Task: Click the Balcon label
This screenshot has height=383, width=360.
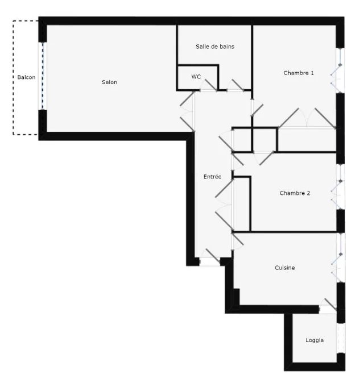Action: (26, 77)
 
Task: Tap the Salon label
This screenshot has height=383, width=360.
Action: (110, 82)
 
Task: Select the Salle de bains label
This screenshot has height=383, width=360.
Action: (215, 47)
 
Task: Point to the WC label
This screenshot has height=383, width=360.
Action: (196, 77)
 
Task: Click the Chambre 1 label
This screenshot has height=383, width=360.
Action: (299, 73)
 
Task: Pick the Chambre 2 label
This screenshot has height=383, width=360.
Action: (295, 193)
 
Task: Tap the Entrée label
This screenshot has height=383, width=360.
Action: (212, 177)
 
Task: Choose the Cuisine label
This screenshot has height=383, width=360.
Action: (285, 268)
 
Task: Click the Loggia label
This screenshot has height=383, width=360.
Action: (315, 340)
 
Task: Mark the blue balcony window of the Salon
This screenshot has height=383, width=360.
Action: (42, 76)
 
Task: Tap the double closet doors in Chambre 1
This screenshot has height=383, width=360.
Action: (307, 118)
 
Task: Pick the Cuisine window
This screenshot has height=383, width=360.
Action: (340, 259)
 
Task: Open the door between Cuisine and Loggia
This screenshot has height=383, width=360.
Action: (328, 306)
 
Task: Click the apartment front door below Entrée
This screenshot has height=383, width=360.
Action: (209, 258)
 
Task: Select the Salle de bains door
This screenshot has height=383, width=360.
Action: (237, 85)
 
